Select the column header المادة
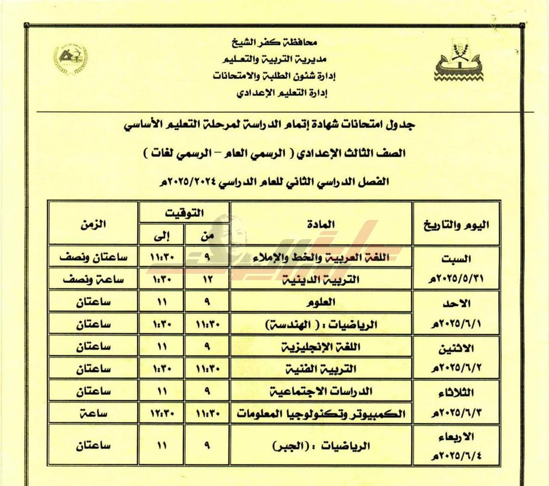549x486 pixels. (321, 224)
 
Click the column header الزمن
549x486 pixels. (93, 224)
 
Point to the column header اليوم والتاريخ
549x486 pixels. (457, 225)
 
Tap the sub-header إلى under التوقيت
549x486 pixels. (161, 236)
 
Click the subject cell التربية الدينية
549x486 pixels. (326, 279)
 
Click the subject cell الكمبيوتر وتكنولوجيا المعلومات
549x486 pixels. (321, 414)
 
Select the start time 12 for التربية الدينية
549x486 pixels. (207, 279)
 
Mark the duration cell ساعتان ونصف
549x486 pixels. (93, 257)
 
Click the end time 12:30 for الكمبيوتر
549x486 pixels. (161, 414)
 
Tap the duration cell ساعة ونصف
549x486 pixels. (93, 279)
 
